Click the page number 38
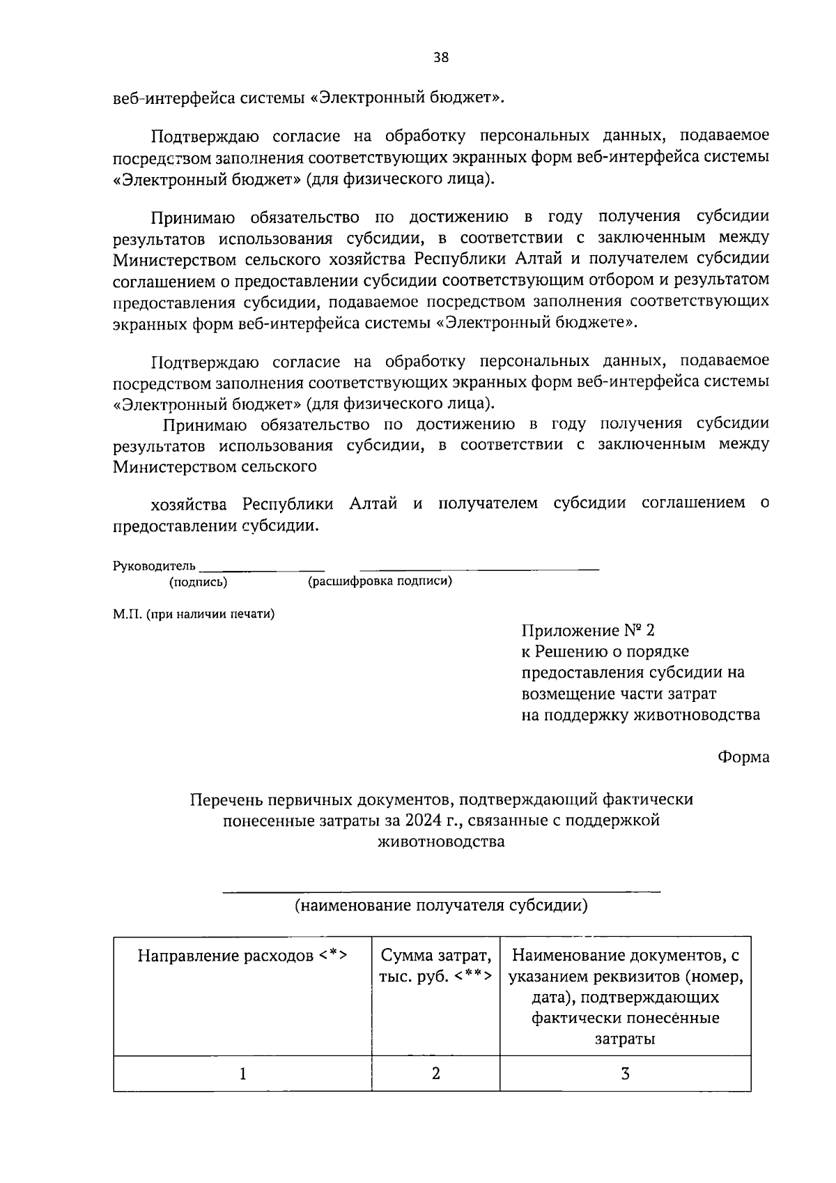pyautogui.click(x=441, y=58)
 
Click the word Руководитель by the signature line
pyautogui.click(x=154, y=566)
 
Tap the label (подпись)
pyautogui.click(x=198, y=581)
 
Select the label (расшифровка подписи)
pyautogui.click(x=380, y=581)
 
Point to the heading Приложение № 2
pyautogui.click(x=588, y=631)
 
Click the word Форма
pyautogui.click(x=744, y=757)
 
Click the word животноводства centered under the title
pyautogui.click(x=440, y=841)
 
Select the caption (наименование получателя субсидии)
pyautogui.click(x=440, y=906)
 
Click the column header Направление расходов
pyautogui.click(x=242, y=956)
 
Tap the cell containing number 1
pyautogui.click(x=242, y=1074)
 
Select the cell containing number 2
pyautogui.click(x=435, y=1074)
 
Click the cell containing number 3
pyautogui.click(x=625, y=1074)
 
